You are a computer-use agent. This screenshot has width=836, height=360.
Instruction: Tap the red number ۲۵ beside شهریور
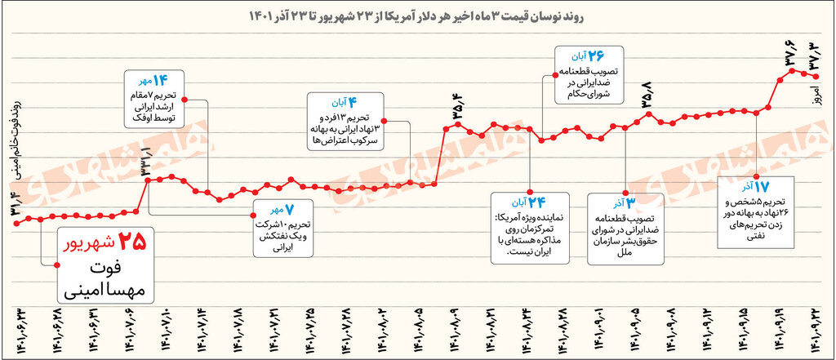(x=133, y=242)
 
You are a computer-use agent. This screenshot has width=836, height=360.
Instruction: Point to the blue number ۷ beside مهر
(x=291, y=210)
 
